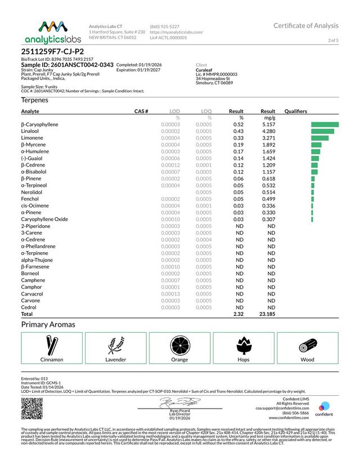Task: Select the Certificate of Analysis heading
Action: click(x=306, y=25)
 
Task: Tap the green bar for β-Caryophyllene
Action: click(x=325, y=124)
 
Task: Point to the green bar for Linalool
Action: click(x=322, y=131)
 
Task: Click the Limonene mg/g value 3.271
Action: click(x=267, y=138)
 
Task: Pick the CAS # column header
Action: click(x=141, y=111)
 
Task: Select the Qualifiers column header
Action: click(x=296, y=111)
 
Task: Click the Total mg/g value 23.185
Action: click(x=265, y=314)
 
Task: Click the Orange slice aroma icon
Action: click(x=179, y=344)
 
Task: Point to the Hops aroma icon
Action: click(x=244, y=344)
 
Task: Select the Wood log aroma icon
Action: click(x=307, y=344)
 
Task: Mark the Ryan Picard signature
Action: click(x=178, y=402)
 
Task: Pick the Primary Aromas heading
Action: click(x=48, y=325)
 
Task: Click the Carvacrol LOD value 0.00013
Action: click(x=170, y=294)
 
